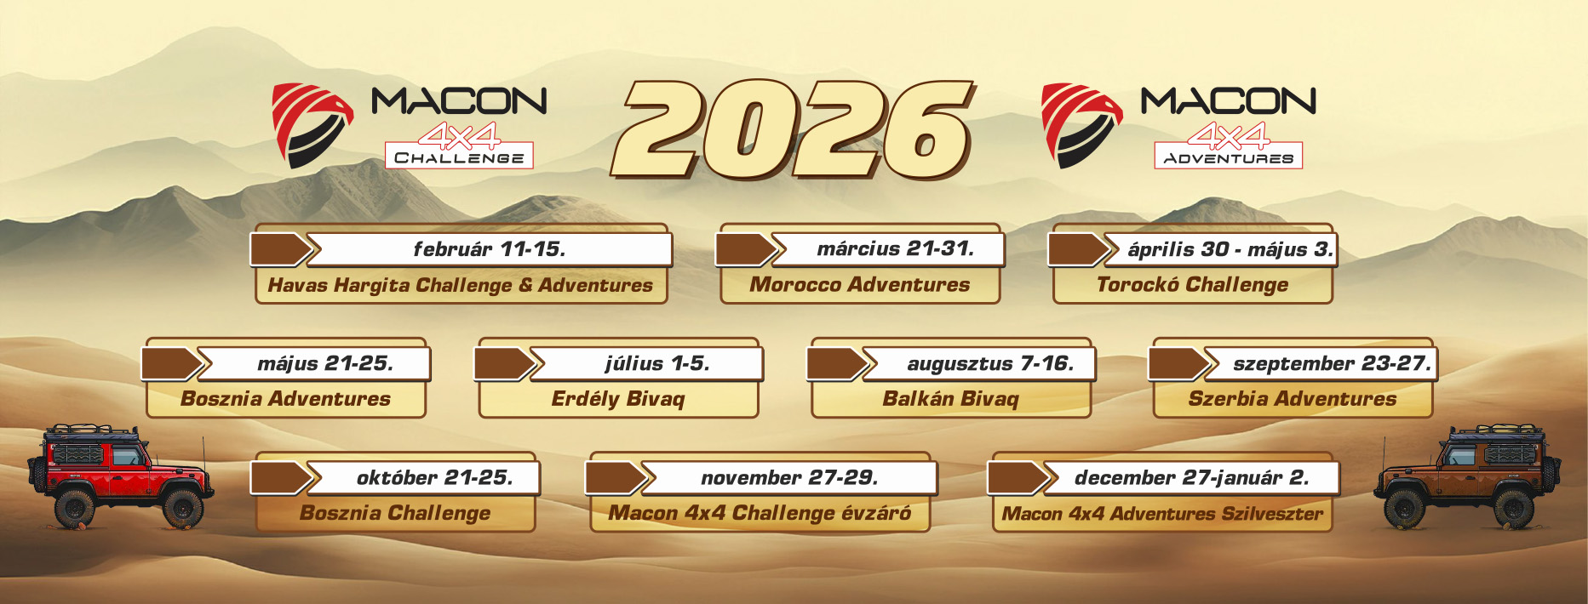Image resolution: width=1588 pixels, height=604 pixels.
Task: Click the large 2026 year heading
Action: [x=793, y=129]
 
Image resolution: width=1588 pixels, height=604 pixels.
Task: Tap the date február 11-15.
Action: [x=490, y=249]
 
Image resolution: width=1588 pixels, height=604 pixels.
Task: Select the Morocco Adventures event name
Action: [x=860, y=285]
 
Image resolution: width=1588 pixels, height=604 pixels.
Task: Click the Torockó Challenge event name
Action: [x=1192, y=285]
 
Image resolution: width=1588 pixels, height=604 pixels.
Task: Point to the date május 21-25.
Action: [x=325, y=364]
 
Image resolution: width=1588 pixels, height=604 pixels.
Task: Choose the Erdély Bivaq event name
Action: [x=618, y=399]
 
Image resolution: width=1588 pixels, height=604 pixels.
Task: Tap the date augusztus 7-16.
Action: [x=990, y=364]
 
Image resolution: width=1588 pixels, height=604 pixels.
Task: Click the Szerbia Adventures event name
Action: [x=1293, y=399]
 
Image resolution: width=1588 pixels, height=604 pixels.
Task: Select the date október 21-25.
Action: [x=435, y=478]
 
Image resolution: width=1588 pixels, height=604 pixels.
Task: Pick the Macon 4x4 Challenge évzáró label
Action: [x=760, y=513]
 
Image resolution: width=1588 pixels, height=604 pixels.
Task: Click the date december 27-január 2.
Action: [x=1192, y=478]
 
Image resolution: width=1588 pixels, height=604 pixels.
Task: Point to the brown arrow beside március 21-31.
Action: [x=746, y=249]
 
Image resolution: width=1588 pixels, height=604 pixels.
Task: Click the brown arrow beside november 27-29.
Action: [x=615, y=478]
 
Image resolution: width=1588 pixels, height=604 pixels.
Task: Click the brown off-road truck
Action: [x=1467, y=476]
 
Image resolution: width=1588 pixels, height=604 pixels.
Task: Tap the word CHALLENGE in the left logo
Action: [x=459, y=157]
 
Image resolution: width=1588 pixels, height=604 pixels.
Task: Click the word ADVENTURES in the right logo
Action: [x=1229, y=158]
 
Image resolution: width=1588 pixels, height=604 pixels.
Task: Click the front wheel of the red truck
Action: [x=181, y=508]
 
